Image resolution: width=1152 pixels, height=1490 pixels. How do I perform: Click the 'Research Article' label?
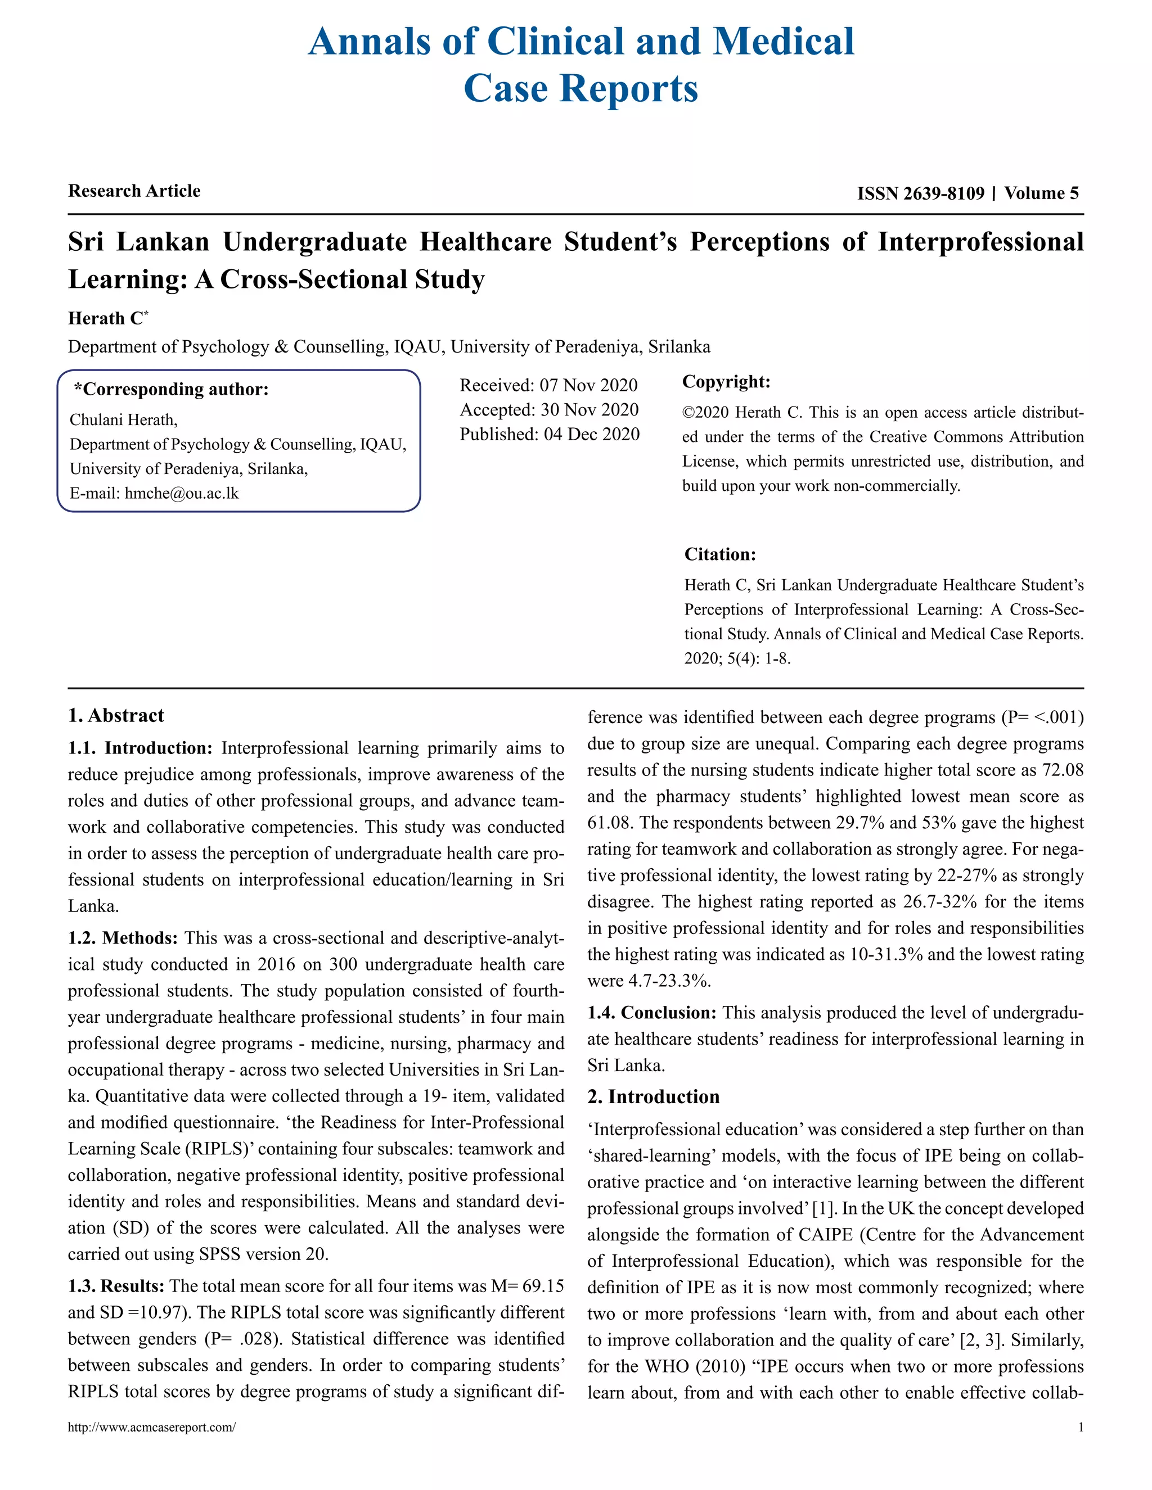point(134,191)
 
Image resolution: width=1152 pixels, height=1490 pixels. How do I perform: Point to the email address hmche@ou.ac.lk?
point(182,493)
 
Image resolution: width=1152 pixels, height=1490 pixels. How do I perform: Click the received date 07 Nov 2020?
point(588,386)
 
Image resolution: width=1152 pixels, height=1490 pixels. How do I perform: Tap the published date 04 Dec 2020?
point(592,435)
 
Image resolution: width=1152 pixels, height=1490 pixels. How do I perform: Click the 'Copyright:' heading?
point(726,382)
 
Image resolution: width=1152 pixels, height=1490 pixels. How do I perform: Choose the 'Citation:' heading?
point(720,554)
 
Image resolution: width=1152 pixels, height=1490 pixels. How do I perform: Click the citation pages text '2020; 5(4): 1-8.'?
point(737,659)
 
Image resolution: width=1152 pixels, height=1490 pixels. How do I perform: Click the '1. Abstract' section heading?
point(116,716)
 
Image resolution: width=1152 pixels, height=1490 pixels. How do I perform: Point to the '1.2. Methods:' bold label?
point(123,938)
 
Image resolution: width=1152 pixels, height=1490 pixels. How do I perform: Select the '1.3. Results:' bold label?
point(116,1286)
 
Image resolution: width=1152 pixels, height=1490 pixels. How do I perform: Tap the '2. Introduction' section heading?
point(653,1097)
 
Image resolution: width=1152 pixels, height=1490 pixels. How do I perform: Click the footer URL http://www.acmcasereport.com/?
point(151,1427)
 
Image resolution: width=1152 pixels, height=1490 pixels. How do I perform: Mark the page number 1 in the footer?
point(1081,1427)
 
